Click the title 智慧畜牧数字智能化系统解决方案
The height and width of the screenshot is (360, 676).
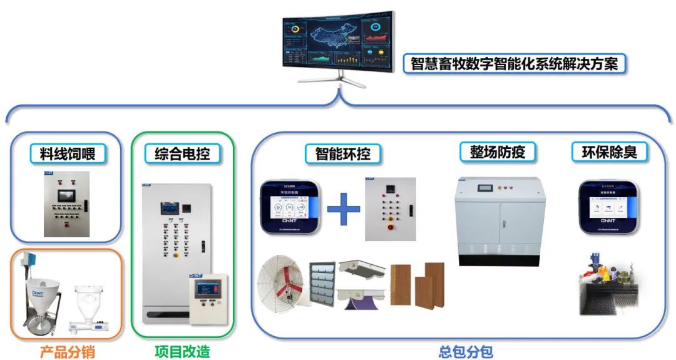(517, 64)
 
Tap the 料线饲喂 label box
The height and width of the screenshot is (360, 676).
(68, 153)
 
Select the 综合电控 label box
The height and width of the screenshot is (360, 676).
(182, 153)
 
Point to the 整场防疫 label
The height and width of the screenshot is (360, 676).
(497, 152)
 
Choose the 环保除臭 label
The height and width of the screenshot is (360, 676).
(609, 152)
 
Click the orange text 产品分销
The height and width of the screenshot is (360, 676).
(67, 352)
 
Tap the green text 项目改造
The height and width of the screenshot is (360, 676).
(182, 352)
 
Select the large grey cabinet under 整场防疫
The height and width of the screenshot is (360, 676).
(498, 219)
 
